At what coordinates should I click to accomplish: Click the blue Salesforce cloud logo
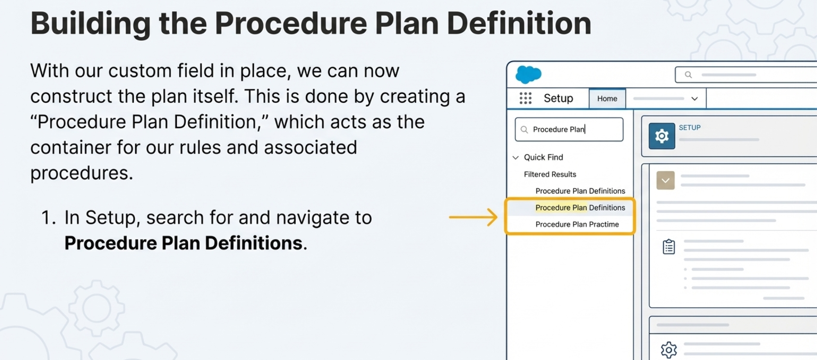point(528,74)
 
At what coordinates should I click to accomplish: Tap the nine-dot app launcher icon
point(525,98)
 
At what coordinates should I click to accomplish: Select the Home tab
point(607,99)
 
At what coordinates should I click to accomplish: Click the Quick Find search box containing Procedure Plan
point(569,130)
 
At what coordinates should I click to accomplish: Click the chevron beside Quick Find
point(516,157)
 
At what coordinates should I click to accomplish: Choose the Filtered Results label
point(550,174)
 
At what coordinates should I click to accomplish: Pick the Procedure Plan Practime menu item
point(577,224)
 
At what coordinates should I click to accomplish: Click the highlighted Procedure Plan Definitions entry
point(580,207)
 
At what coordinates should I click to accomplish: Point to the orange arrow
point(473,217)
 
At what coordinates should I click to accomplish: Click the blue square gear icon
point(662,136)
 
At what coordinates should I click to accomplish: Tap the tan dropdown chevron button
point(665,180)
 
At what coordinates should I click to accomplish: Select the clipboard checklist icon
point(669,247)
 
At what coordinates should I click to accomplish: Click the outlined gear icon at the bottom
point(669,350)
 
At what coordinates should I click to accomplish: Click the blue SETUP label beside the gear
point(689,128)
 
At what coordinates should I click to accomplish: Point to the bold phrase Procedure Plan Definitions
point(183,243)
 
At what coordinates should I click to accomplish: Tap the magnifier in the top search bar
point(688,75)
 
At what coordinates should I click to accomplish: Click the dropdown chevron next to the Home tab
point(695,99)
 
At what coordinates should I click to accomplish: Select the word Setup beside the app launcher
point(558,98)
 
